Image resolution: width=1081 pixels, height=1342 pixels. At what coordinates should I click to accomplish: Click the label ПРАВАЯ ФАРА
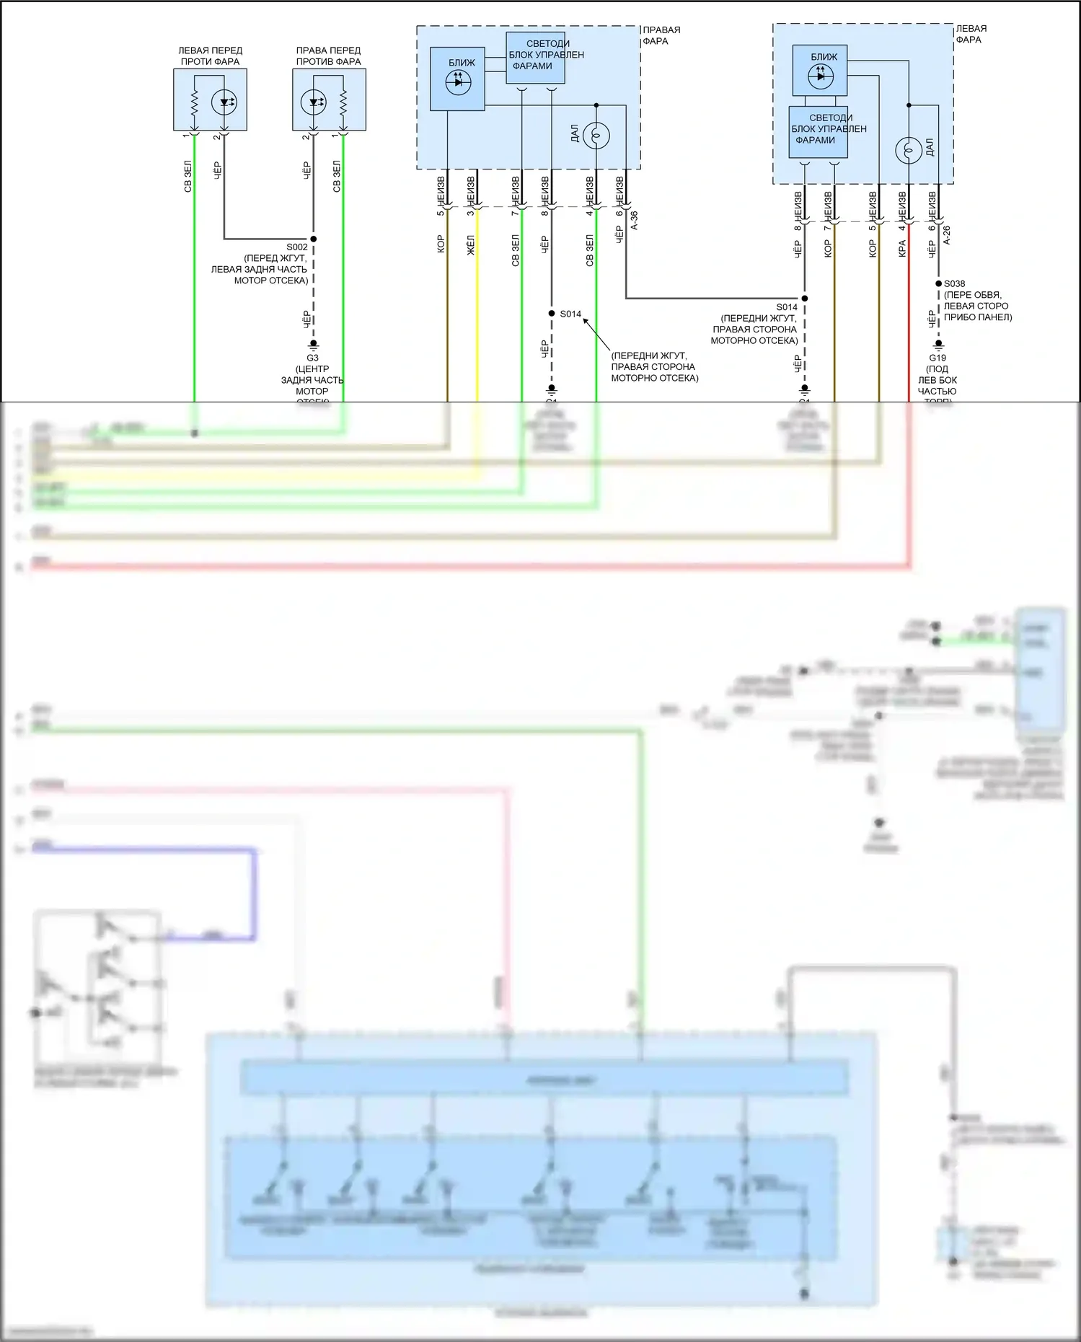point(661,35)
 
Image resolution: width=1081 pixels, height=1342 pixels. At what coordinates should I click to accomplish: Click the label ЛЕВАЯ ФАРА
point(971,34)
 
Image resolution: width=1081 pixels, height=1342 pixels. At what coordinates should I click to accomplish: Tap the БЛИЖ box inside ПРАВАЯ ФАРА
point(457,79)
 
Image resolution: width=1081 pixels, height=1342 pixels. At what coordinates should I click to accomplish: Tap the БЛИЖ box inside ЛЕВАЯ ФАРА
point(820,70)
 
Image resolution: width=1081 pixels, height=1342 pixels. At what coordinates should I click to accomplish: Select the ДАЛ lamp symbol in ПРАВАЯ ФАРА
point(596,135)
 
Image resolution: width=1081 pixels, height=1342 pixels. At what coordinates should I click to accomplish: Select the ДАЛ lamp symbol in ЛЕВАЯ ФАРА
point(909,150)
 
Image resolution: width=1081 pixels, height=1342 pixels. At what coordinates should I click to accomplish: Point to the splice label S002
point(297,247)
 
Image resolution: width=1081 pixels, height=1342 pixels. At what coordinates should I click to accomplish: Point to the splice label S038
point(954,283)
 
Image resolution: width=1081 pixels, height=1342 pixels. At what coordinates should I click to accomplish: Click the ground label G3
point(312,358)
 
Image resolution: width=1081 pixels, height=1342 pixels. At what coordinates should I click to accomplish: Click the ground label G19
point(937,358)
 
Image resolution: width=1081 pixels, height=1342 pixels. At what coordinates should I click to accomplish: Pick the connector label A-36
point(635,220)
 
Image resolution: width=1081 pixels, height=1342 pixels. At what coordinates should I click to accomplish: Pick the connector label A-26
point(947,235)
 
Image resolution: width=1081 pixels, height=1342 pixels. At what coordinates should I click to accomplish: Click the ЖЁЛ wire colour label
point(471,245)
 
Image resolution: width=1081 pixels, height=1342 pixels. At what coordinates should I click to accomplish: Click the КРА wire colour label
point(902,249)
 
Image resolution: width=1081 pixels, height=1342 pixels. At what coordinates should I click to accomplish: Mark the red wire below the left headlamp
point(909,325)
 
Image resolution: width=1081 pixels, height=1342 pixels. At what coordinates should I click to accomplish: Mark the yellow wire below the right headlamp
point(477,325)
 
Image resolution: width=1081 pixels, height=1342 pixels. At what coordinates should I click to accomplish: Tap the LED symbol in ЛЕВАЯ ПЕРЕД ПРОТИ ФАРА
point(224,102)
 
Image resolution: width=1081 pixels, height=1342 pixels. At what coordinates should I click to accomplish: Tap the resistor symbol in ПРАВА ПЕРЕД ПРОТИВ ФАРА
point(343,102)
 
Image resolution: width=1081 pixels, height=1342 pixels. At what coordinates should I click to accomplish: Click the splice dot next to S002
point(313,239)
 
